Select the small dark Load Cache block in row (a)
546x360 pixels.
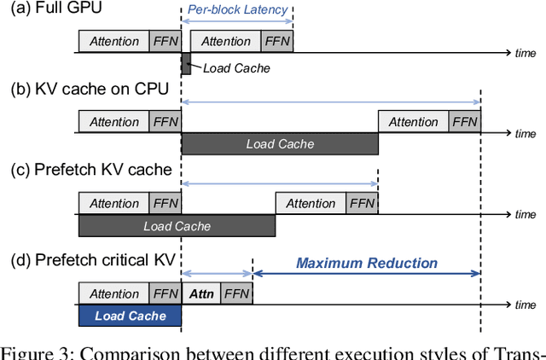click(x=186, y=62)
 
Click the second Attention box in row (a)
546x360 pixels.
click(x=225, y=42)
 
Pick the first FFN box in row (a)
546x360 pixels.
click(x=165, y=42)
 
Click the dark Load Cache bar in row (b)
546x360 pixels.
click(x=279, y=144)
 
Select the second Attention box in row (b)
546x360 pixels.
click(x=414, y=123)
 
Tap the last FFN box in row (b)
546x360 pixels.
click(x=465, y=123)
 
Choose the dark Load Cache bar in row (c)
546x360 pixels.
click(x=177, y=226)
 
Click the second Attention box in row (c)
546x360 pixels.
click(x=311, y=204)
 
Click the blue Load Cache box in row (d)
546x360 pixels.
click(x=130, y=316)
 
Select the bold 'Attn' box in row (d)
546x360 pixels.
click(x=200, y=294)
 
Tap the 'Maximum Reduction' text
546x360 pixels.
click(x=367, y=264)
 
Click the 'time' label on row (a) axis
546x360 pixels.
click(x=526, y=53)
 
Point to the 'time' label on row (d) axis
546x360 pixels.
click(x=526, y=305)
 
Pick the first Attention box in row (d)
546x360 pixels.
click(x=113, y=294)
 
